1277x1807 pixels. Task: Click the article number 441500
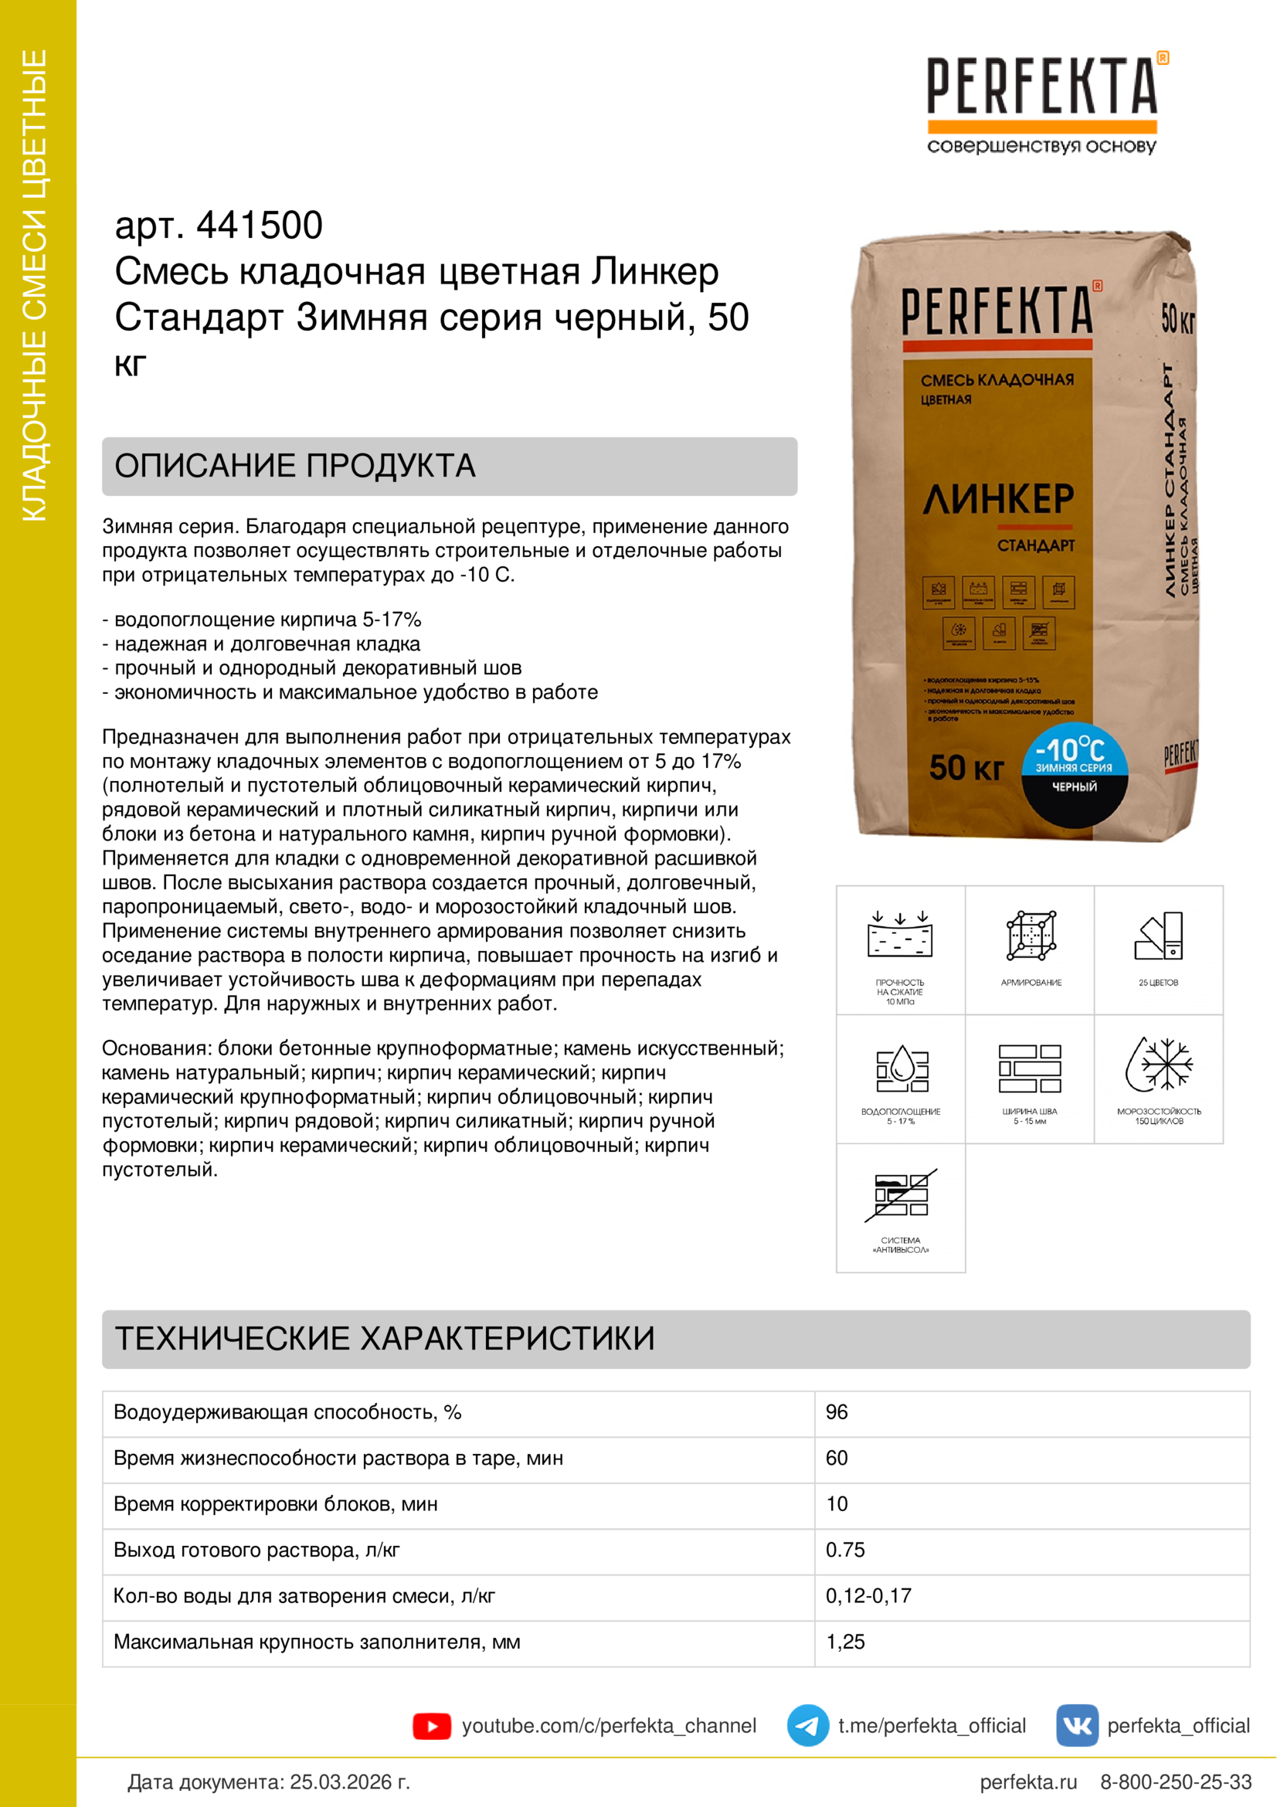point(259,226)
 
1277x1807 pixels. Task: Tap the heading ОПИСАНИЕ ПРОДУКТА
point(295,466)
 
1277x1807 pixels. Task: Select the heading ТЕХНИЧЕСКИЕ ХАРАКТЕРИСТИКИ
point(385,1339)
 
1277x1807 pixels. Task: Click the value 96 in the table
point(837,1412)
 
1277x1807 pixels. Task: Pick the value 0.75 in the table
point(845,1550)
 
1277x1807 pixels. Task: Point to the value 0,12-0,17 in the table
point(868,1595)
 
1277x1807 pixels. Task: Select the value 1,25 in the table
point(845,1642)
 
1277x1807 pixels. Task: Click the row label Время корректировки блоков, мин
point(275,1504)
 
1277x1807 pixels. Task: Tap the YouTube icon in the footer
point(432,1726)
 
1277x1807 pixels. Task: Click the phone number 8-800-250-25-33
point(1176,1782)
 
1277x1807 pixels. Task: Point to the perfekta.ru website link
point(1028,1782)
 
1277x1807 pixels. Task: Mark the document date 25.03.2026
point(349,1782)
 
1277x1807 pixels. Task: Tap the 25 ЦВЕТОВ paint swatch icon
point(1159,936)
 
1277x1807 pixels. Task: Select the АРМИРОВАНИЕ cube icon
point(1031,936)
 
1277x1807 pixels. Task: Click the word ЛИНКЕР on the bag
point(998,499)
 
